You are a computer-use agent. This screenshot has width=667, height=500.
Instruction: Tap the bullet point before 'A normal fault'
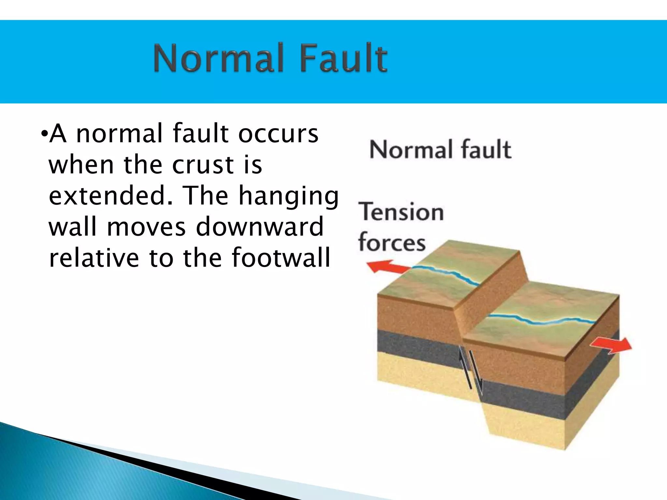click(44, 134)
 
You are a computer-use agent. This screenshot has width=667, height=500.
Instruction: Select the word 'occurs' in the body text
click(278, 133)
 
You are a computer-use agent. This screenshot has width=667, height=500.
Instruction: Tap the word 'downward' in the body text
click(260, 227)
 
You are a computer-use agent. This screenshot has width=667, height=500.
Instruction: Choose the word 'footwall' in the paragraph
click(281, 257)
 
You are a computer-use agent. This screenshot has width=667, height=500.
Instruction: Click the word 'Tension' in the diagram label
click(401, 212)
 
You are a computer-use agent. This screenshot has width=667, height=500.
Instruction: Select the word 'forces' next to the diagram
click(392, 242)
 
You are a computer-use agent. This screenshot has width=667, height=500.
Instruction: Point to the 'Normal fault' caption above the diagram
click(440, 149)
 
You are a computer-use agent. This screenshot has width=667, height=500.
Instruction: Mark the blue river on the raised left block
click(446, 272)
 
